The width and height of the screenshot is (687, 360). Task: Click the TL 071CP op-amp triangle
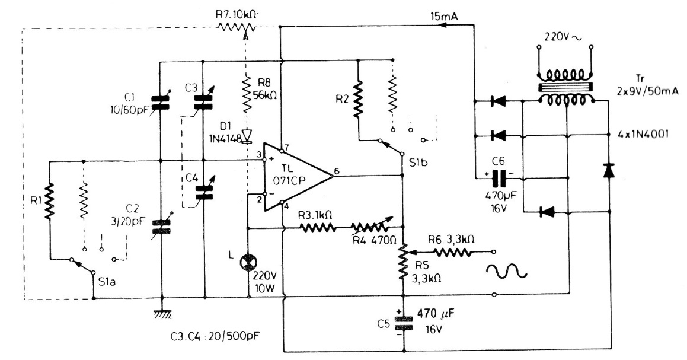(293, 176)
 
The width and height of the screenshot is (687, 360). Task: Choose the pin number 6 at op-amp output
(337, 171)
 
